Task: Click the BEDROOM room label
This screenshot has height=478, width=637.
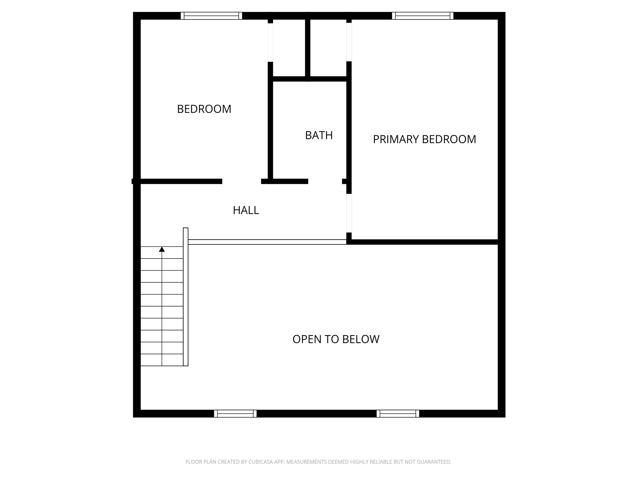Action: coord(204,109)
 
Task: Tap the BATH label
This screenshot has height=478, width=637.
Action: coord(319,135)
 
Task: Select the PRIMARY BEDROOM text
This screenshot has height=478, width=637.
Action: coord(424,139)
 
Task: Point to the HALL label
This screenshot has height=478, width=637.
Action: coord(246,210)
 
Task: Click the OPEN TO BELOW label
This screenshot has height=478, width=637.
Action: coord(336,339)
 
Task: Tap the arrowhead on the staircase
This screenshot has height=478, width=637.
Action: coord(162,249)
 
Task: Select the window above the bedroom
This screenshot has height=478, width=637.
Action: coord(211,16)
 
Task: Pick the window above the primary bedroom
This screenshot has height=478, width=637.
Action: coord(422,16)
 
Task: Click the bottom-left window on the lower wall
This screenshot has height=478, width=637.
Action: coord(235,413)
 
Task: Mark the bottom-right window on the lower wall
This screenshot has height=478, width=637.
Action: coord(398,413)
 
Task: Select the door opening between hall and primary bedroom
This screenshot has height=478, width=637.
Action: coord(349,213)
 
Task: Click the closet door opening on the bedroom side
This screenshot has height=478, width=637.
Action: coord(270,42)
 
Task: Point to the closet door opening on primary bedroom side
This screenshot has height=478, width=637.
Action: coord(349,42)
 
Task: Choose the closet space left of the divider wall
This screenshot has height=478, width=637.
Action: coord(289,48)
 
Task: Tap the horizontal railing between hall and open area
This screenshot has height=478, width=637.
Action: coord(267,242)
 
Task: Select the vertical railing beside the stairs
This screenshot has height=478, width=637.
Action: coord(186,297)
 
